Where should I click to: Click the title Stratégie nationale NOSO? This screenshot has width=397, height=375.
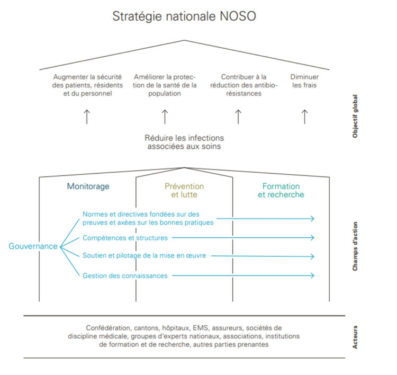[x=184, y=16]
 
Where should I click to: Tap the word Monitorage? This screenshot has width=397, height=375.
[x=88, y=186]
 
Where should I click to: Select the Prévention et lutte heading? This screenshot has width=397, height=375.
[x=184, y=190]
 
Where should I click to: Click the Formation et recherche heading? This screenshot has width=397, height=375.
[x=281, y=190]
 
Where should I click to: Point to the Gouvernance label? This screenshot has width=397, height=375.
[x=33, y=246]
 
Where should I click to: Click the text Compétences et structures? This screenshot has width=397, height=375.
[x=125, y=238]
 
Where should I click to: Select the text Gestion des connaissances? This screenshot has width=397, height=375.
[x=125, y=275]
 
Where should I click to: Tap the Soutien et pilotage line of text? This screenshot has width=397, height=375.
[x=145, y=255]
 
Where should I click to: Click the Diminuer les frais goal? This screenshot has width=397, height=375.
[x=304, y=81]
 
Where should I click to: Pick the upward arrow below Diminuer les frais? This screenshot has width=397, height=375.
[x=304, y=117]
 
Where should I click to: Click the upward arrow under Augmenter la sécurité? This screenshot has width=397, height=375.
[x=87, y=117]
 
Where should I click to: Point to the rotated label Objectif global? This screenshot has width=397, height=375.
[x=355, y=117]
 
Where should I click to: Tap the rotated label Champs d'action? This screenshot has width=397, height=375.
[x=355, y=246]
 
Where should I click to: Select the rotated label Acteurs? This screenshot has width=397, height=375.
[x=355, y=337]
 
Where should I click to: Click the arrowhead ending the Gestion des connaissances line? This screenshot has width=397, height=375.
[x=312, y=275]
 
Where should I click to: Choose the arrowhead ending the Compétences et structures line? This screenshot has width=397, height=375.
[x=312, y=238]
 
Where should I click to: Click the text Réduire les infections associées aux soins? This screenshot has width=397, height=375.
[x=184, y=142]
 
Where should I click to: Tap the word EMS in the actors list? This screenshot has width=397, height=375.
[x=201, y=328]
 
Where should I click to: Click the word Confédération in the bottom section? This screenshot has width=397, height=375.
[x=109, y=328]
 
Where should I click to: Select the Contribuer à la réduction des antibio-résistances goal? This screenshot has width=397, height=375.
[x=243, y=85]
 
